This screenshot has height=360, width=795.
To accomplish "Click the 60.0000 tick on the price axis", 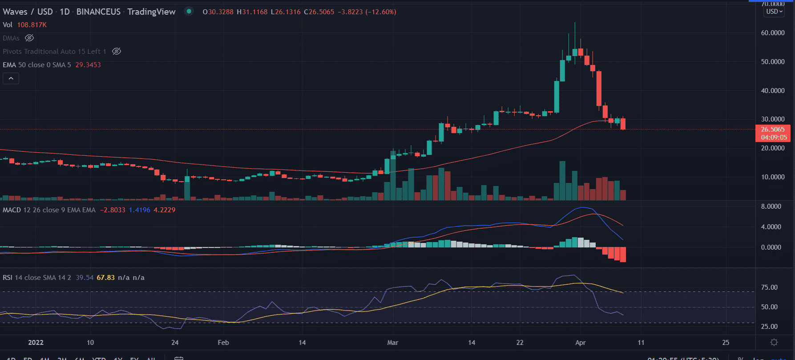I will pyautogui.click(x=772, y=33).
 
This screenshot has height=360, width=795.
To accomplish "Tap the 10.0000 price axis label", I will pyautogui.click(x=772, y=177).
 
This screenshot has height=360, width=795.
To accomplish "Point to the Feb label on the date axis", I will pyautogui.click(x=223, y=343).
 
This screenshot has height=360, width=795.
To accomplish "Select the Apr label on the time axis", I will pyautogui.click(x=580, y=343).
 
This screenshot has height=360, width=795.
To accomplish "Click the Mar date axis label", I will pyautogui.click(x=392, y=343).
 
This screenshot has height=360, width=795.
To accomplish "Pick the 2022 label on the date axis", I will pyautogui.click(x=36, y=343).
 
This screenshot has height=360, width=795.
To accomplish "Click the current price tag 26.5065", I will pyautogui.click(x=773, y=129).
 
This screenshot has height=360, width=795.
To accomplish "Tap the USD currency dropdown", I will pyautogui.click(x=774, y=12).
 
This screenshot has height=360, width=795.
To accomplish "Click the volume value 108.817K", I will pyautogui.click(x=32, y=25).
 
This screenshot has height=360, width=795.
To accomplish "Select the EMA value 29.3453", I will pyautogui.click(x=88, y=65).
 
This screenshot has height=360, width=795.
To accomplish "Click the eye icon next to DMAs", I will pyautogui.click(x=29, y=38).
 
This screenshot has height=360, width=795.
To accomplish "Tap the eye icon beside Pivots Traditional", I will pyautogui.click(x=117, y=52).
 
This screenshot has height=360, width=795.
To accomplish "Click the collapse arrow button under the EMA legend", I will pyautogui.click(x=11, y=79).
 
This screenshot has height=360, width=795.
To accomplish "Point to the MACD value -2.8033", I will pyautogui.click(x=113, y=210).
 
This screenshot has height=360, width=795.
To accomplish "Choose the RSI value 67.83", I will pyautogui.click(x=105, y=278).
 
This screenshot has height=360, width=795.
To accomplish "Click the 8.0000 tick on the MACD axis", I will pyautogui.click(x=771, y=206).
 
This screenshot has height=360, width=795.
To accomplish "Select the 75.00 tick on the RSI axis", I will pyautogui.click(x=769, y=287).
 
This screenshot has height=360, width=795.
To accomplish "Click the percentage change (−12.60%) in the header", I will pyautogui.click(x=381, y=12).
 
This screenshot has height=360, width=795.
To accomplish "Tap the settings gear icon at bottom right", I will pyautogui.click(x=774, y=342).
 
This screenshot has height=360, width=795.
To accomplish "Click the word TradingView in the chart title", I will pyautogui.click(x=151, y=12).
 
